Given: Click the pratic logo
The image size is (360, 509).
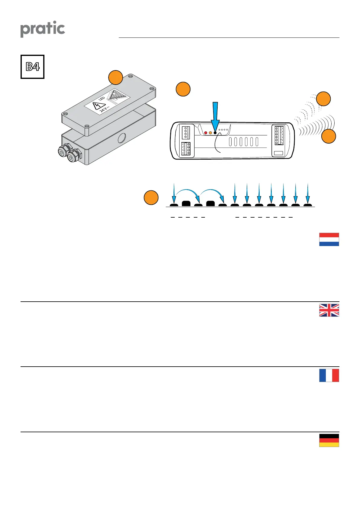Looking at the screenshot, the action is coord(43,29).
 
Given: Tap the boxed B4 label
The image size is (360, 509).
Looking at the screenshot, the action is coord(32,67).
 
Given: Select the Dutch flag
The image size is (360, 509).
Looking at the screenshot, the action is coord(329,239).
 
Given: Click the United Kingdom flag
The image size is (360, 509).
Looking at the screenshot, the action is coord(329,310).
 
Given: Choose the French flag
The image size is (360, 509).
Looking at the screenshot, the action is coord(329,375).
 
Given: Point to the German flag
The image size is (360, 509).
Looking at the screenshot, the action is coord(329,440).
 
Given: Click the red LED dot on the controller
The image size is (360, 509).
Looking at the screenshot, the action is coord(206,133).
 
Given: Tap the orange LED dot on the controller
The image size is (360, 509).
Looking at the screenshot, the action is coord(210,133).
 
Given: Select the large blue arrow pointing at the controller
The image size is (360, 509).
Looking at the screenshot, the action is coord(215,116).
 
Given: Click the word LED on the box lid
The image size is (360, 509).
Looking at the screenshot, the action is coord(102,99).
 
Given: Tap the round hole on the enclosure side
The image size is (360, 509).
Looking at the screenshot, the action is coord(122,138).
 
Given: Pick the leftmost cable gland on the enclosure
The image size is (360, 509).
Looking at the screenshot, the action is coord(63,151).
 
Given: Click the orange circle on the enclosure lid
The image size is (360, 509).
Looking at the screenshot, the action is coord(115,77).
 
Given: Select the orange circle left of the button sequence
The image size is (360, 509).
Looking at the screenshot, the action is coord(151,198).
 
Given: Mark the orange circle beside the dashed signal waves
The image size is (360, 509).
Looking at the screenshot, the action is coord(323,99).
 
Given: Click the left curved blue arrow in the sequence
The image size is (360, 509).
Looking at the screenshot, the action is coord(186,193).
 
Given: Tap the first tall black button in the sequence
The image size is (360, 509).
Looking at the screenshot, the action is coord(186,203).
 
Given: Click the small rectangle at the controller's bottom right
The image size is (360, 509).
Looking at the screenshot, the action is coord(278,153).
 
